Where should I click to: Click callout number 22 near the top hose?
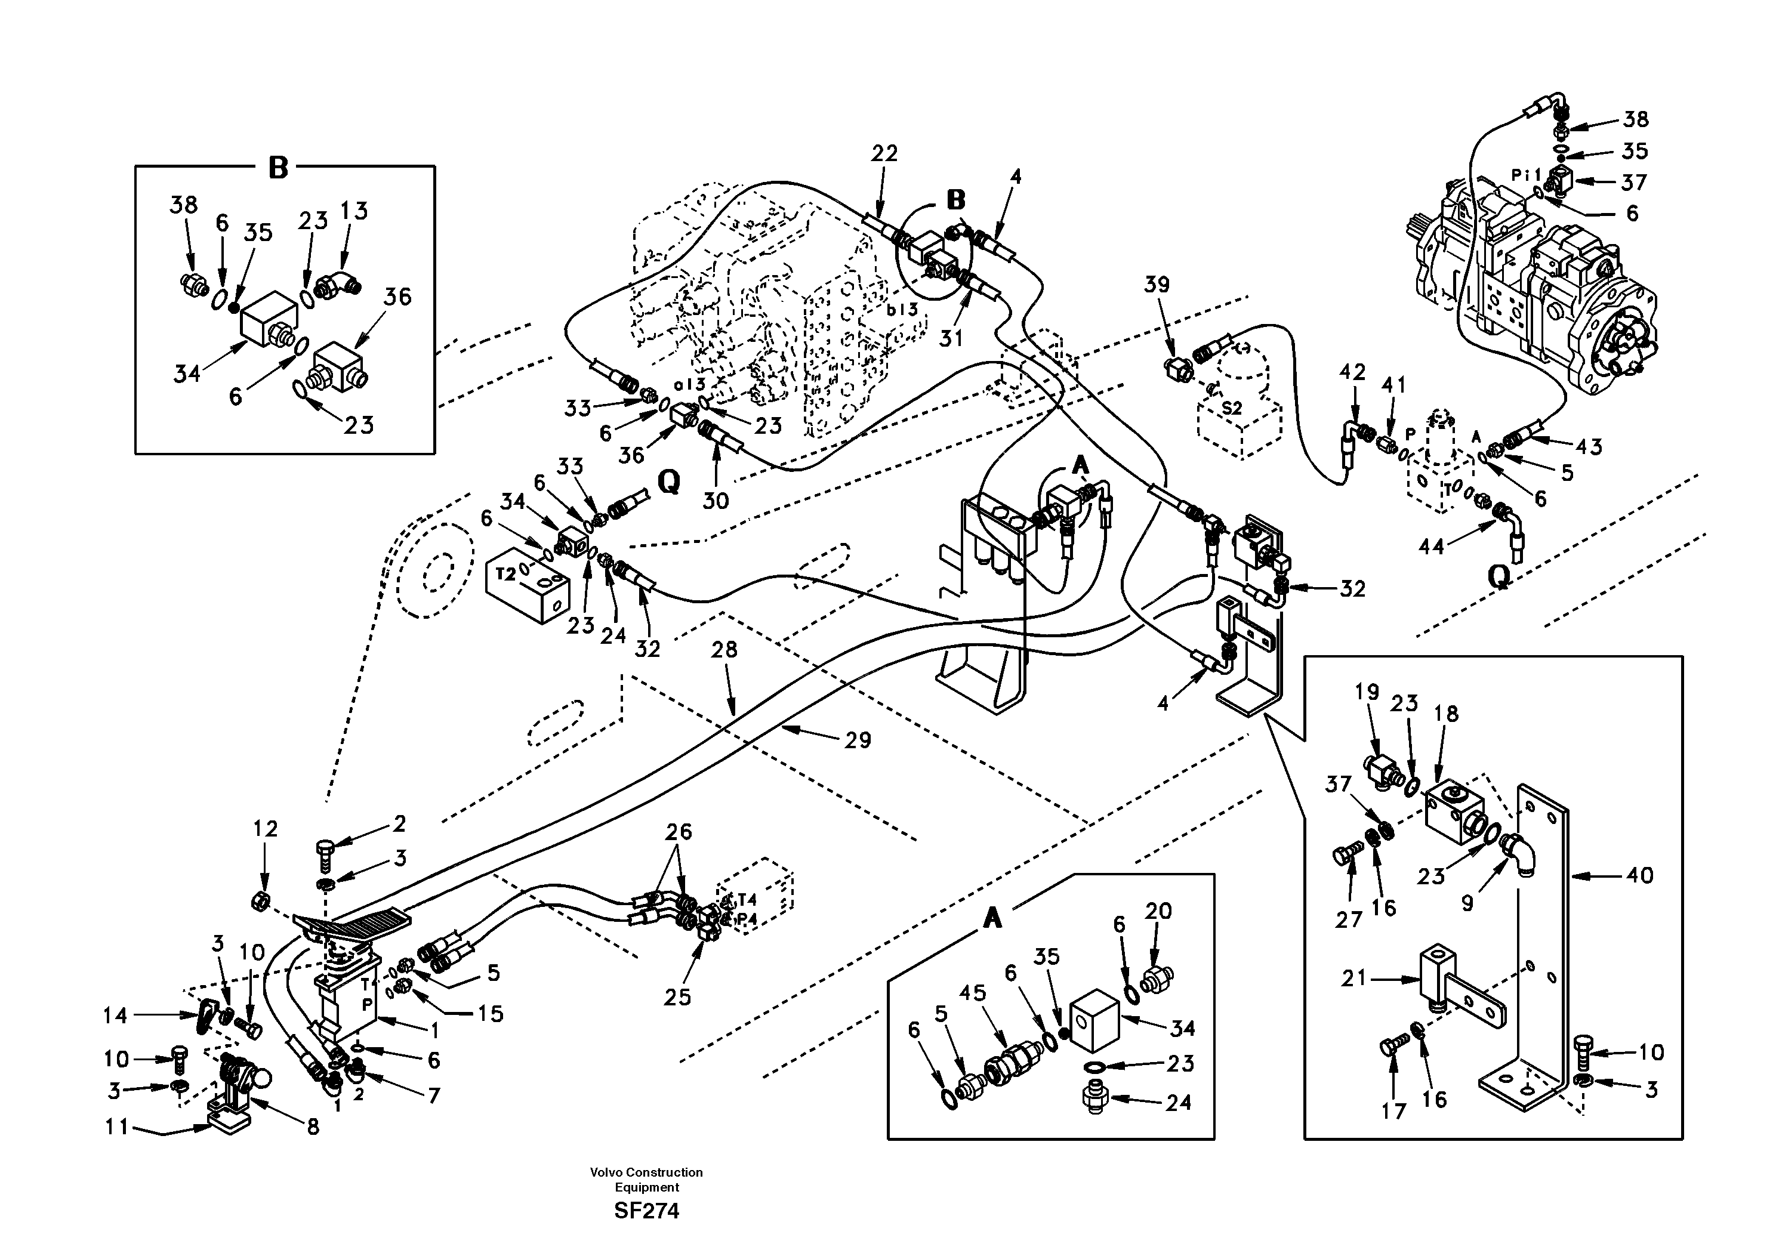pyautogui.click(x=884, y=154)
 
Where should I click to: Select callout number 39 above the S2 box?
pyautogui.click(x=1157, y=285)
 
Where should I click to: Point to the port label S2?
pyautogui.click(x=1231, y=408)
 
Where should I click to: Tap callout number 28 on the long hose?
pyautogui.click(x=725, y=650)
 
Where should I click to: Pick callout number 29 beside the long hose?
pyautogui.click(x=858, y=740)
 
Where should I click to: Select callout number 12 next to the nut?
pyautogui.click(x=266, y=829)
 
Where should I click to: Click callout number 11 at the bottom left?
pyautogui.click(x=117, y=1128)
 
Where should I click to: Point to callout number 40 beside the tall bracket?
pyautogui.click(x=1639, y=875)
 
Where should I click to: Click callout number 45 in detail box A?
pyautogui.click(x=973, y=993)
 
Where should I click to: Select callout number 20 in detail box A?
pyautogui.click(x=1158, y=911)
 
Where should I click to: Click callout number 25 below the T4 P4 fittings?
pyautogui.click(x=677, y=997)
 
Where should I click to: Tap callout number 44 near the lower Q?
pyautogui.click(x=1431, y=546)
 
